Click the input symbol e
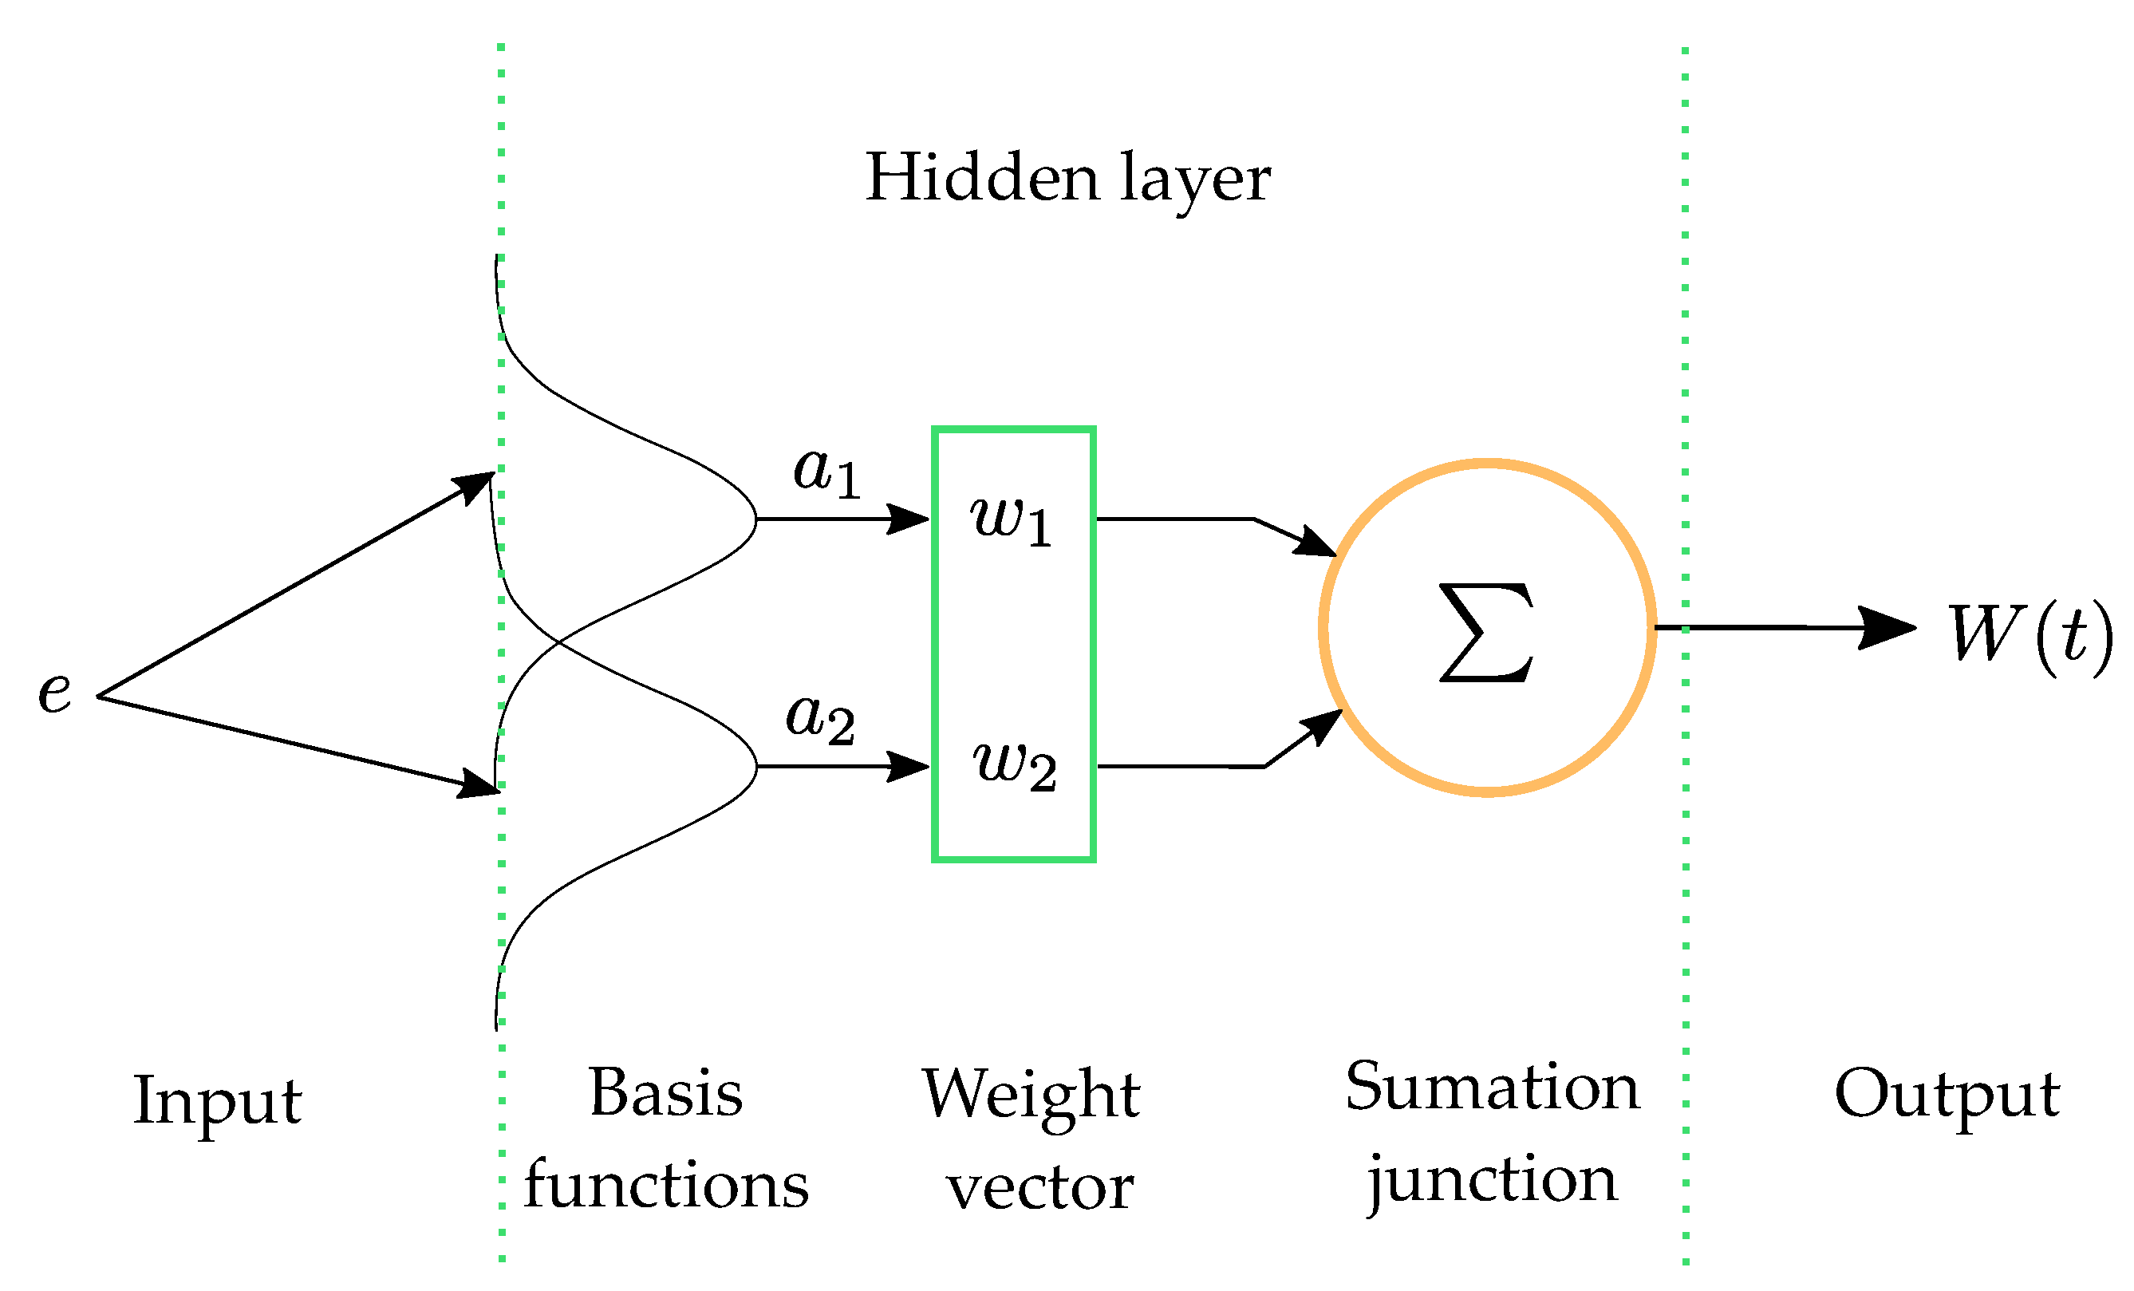54,693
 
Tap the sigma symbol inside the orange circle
1486,632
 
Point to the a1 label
827,472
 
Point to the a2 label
820,719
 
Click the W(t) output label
2029,634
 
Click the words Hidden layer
1067,179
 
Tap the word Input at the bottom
217,1101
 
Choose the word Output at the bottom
1946,1094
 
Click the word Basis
665,1093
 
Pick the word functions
665,1186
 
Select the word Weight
1030,1096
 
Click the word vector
1039,1188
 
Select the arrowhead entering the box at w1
909,519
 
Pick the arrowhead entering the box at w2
909,767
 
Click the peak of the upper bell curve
755,519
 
